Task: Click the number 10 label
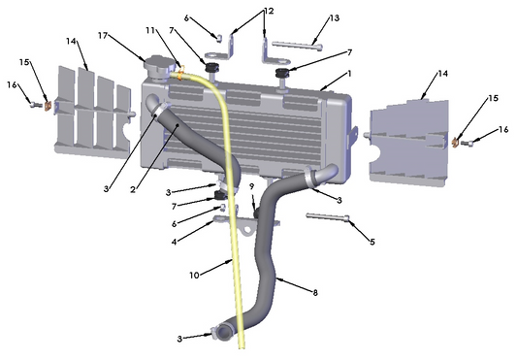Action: coord(195,275)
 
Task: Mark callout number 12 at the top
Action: coord(269,11)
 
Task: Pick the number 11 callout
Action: coord(150,32)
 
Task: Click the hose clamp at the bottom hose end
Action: coord(223,334)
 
